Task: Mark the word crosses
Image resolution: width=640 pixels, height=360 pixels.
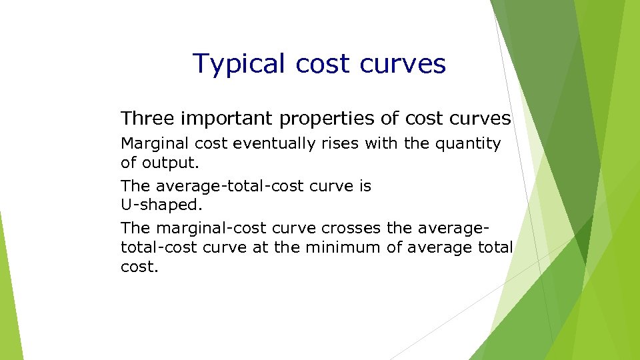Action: pyautogui.click(x=355, y=229)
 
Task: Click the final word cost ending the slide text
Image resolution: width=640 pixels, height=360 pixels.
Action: pyautogui.click(x=139, y=266)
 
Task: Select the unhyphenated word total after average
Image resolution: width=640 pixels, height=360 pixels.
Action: pyautogui.click(x=496, y=247)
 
